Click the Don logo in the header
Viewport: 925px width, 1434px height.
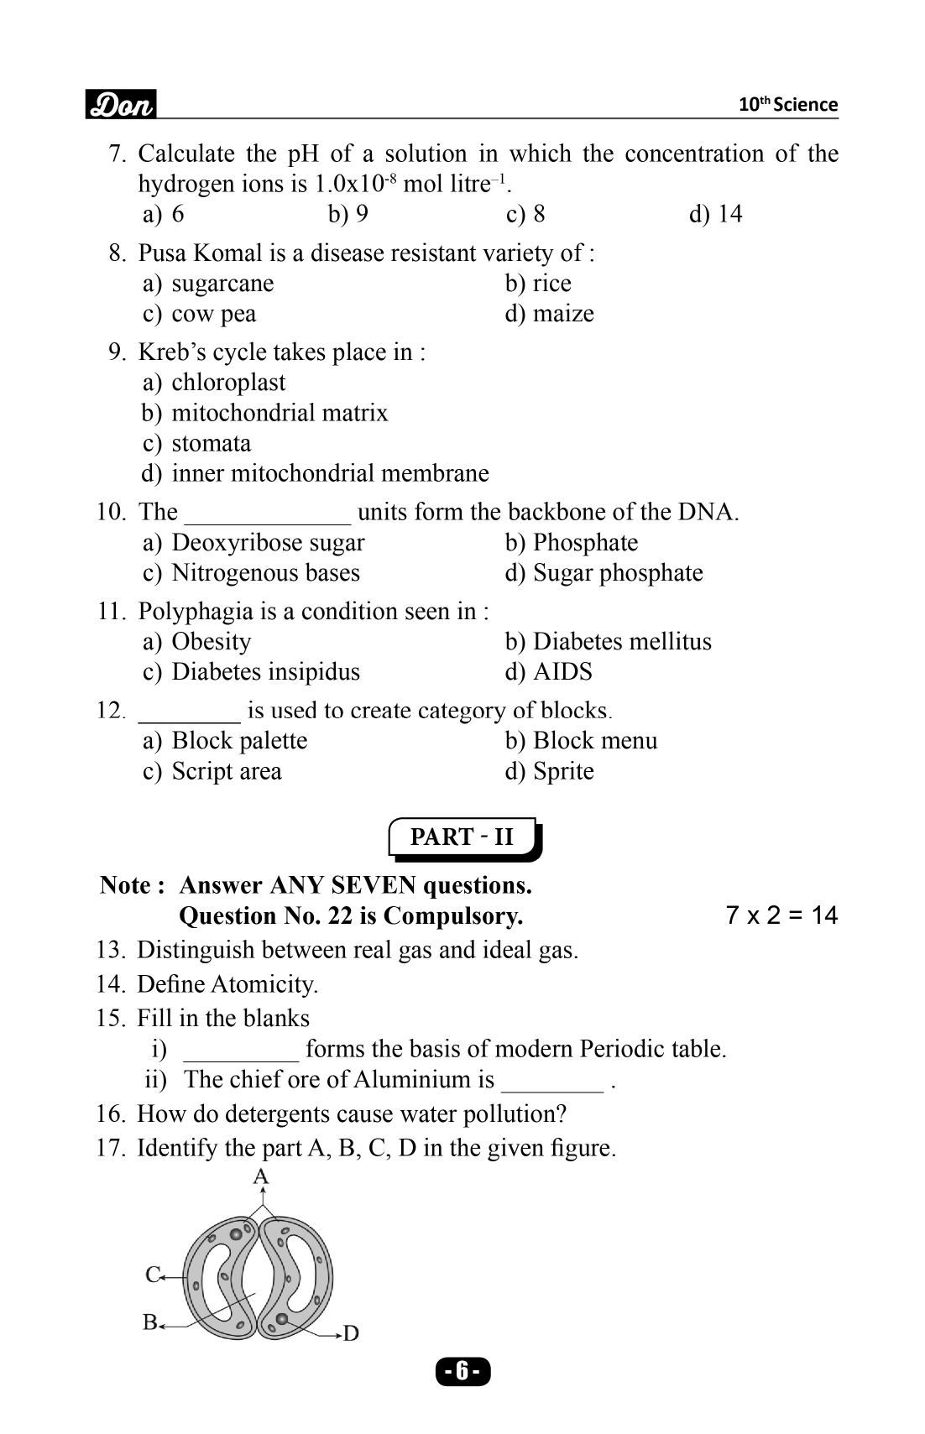tap(121, 105)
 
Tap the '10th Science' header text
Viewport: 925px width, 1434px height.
tap(787, 105)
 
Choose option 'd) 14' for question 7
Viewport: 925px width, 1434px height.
tap(715, 214)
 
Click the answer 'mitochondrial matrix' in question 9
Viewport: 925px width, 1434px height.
tap(280, 413)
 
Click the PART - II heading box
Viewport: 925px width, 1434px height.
tap(462, 837)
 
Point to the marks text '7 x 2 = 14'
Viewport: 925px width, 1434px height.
tap(781, 915)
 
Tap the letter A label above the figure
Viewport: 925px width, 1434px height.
tap(261, 1176)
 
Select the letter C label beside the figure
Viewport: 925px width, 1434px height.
tap(153, 1275)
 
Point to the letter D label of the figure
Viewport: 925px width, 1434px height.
tap(351, 1333)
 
